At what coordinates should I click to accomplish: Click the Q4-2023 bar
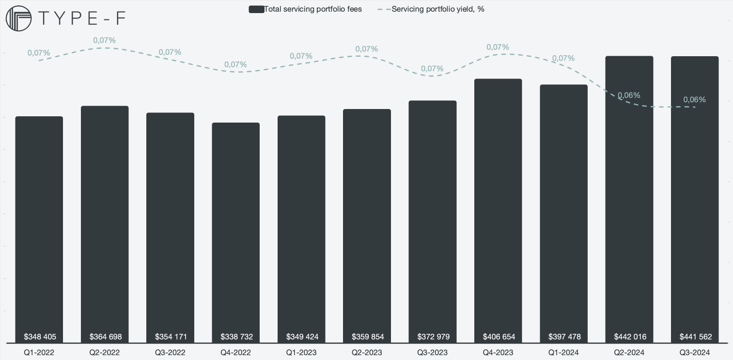point(498,208)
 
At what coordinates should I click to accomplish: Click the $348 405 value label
point(40,337)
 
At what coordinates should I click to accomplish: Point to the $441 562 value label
point(695,337)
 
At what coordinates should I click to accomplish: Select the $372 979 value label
point(433,337)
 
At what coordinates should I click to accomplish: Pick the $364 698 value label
point(106,337)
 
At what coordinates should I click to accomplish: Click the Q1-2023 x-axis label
point(301,352)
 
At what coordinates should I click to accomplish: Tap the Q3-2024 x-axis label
point(695,352)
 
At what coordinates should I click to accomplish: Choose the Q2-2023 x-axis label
point(367,352)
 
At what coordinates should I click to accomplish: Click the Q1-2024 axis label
point(563,352)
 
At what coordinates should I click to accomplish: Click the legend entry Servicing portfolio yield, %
point(438,9)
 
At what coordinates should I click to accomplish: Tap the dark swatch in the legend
point(256,9)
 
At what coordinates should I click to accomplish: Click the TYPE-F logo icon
point(18,19)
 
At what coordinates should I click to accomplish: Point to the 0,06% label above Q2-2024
point(629,95)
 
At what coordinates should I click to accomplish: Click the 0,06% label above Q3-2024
point(694,99)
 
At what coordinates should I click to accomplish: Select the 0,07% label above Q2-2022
point(105,40)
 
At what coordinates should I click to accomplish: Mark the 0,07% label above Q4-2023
point(498,47)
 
